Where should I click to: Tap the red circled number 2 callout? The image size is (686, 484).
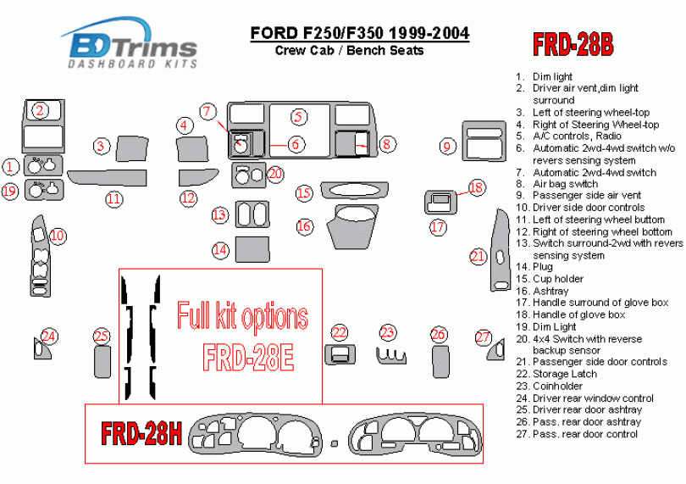(40, 109)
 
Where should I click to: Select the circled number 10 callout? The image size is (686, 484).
(58, 236)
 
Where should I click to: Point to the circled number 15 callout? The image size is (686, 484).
(305, 193)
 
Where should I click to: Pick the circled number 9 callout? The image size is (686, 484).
(447, 147)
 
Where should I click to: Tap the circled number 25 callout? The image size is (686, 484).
(102, 337)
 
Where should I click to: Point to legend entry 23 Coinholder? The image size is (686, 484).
(558, 386)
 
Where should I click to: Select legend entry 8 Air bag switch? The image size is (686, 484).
(564, 184)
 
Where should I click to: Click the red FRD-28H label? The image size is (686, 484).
(141, 433)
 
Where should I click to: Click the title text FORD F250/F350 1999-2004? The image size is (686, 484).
(359, 34)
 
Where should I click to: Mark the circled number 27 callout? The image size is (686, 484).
(482, 337)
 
